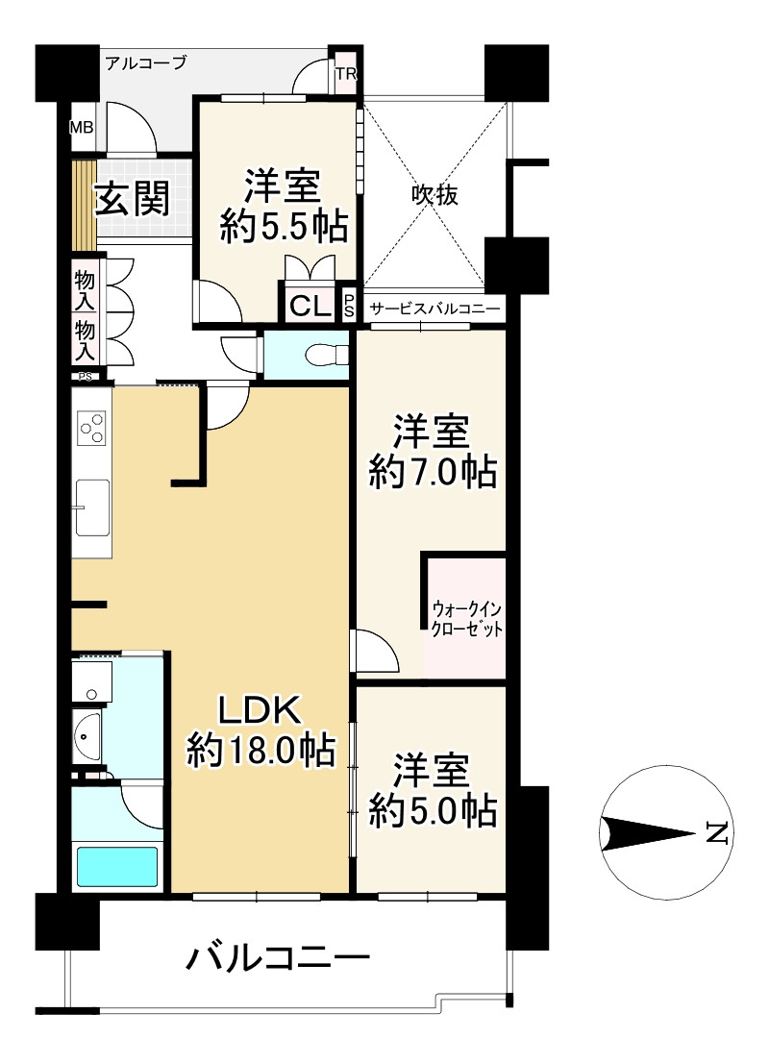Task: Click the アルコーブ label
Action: coord(146,63)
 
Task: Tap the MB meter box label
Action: coord(82,127)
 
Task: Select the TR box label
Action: coord(346,74)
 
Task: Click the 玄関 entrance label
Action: coord(132,199)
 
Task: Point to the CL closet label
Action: coord(310,308)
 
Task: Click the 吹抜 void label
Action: coord(434,195)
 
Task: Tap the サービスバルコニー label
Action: coord(434,309)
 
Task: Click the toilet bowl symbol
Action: coord(326,355)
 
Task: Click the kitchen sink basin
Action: coord(92,507)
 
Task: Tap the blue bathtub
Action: coord(117,866)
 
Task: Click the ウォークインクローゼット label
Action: coord(467,618)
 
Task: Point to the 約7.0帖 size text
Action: coord(433,472)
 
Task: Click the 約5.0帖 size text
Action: coord(433,809)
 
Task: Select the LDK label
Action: coord(259,710)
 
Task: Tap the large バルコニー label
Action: coord(279,958)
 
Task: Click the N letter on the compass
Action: coord(717,832)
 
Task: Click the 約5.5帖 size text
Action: coord(284,227)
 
